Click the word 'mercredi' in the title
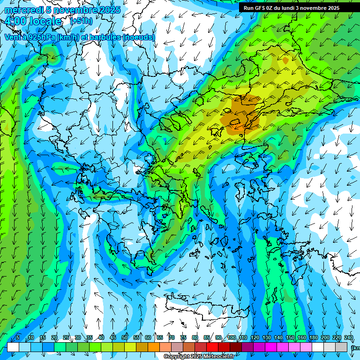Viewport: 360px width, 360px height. pos(22,10)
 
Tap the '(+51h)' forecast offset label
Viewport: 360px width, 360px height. pos(81,21)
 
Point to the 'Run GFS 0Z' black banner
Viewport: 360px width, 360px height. pos(295,8)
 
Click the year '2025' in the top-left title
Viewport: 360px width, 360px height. pos(109,10)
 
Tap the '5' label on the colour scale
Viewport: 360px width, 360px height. pos(18,338)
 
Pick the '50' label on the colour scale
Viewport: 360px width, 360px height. pos(125,338)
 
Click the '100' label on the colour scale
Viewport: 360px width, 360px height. pos(232,338)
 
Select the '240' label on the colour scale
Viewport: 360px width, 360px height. pos(348,338)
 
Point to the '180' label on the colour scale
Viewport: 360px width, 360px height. pos(313,338)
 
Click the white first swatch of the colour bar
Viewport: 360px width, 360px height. pos(13,347)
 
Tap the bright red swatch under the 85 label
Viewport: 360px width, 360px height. pos(212,347)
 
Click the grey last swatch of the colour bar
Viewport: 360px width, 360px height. pos(342,347)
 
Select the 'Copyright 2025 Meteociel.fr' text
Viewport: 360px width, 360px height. pos(199,357)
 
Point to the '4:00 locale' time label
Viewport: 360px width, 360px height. pos(33,22)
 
